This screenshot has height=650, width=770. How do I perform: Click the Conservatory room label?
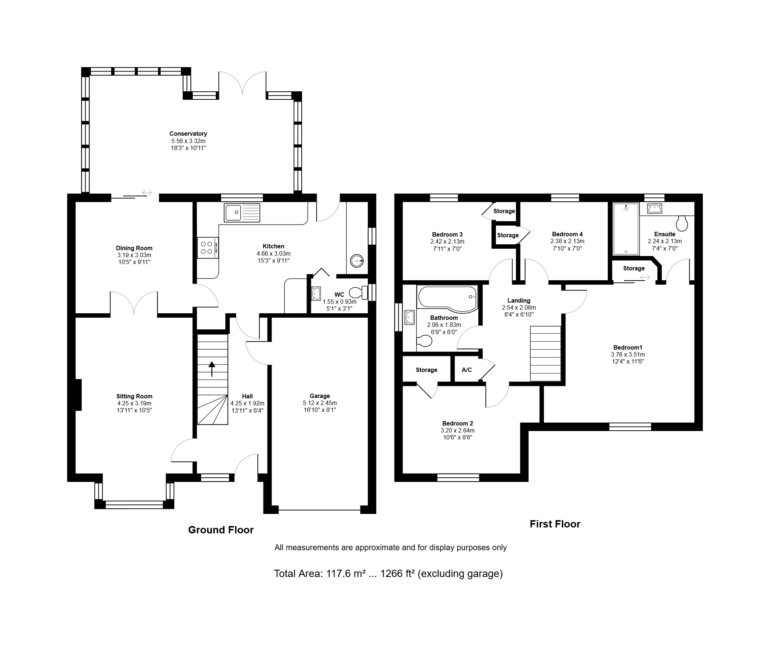pos(188,134)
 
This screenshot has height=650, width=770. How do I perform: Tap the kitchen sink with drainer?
pos(242,213)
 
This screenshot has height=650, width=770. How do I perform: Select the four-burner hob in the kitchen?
pos(208,248)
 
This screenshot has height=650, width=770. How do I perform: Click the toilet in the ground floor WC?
pos(358,293)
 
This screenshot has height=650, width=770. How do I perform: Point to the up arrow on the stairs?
pos(212,369)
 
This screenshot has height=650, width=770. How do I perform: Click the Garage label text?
pos(320,396)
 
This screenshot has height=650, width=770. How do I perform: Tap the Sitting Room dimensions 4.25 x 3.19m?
pos(134,403)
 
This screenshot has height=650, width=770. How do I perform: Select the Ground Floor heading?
pos(221,530)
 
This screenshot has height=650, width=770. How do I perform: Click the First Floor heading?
pos(555,524)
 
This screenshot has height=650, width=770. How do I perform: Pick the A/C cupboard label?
pos(466,370)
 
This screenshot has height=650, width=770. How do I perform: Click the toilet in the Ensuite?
pos(682,223)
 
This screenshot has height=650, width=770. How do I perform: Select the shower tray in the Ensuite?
pos(626,229)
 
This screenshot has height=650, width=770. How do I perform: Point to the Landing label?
pos(519,300)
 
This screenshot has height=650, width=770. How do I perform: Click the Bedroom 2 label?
pos(457,423)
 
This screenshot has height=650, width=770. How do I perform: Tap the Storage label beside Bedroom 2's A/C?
pos(426,370)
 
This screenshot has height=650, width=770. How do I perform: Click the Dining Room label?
pos(134,248)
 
